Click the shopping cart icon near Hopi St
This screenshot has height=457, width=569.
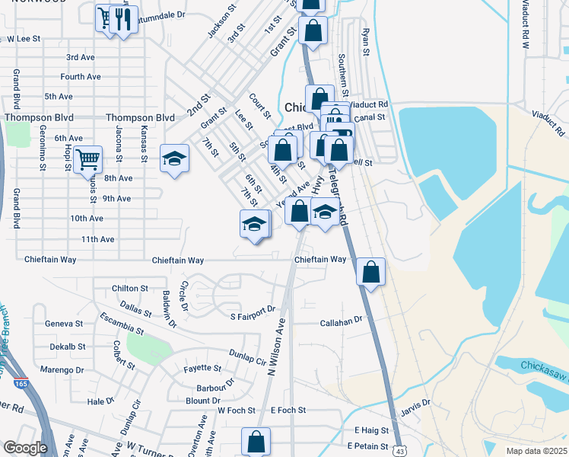[88, 160]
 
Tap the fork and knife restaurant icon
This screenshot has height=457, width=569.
[123, 20]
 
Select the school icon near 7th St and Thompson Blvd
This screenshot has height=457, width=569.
[174, 159]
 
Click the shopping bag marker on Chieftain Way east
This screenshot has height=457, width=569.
[370, 272]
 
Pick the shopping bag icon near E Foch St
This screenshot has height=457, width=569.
[256, 441]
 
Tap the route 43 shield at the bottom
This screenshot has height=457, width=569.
[399, 452]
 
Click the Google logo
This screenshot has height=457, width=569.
[26, 448]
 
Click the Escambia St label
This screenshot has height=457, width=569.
[122, 324]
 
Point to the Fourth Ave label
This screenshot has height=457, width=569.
[81, 77]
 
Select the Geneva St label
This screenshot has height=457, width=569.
[64, 323]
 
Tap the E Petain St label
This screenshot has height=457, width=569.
[367, 446]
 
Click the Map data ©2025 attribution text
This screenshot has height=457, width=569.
[536, 451]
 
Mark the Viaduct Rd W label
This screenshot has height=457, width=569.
[524, 24]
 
